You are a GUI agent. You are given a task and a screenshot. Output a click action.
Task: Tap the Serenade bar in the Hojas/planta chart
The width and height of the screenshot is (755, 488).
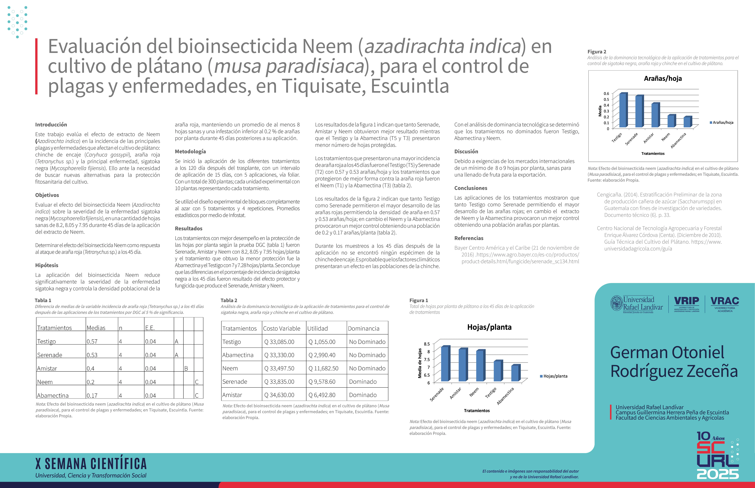click(x=445, y=364)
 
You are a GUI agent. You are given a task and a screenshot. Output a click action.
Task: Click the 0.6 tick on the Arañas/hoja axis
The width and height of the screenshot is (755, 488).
click(x=606, y=93)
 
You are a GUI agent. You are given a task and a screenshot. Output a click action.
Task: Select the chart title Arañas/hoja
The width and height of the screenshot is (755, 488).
click(x=663, y=79)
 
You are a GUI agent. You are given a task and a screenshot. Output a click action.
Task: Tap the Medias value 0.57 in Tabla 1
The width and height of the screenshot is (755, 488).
click(x=92, y=341)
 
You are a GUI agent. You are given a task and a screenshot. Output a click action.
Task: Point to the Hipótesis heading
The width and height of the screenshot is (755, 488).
click(x=47, y=265)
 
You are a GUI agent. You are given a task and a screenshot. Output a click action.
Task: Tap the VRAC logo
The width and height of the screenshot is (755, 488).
click(x=725, y=303)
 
